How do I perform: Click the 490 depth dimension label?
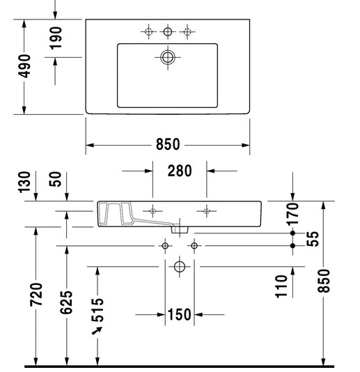tap(24, 66)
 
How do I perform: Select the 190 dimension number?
tap(56, 38)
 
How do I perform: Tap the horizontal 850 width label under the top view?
tap(168, 144)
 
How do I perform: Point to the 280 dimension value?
tap(180, 171)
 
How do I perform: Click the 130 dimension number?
tap(24, 183)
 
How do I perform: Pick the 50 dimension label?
tap(55, 179)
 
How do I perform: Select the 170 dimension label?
tap(292, 214)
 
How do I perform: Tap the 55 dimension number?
tap(313, 239)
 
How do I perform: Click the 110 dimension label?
tap(281, 286)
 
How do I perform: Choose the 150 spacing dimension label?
tap(179, 315)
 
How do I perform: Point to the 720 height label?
tap(36, 294)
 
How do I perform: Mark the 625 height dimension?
tap(66, 302)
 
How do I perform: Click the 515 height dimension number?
tap(97, 310)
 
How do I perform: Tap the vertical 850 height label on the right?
tap(324, 281)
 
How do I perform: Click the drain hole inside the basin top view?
tap(168, 57)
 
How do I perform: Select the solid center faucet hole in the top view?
tap(168, 31)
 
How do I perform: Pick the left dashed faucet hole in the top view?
tap(148, 31)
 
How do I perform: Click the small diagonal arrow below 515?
tap(97, 330)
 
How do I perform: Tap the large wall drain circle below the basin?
tap(180, 267)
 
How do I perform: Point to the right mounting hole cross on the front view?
tap(207, 211)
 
